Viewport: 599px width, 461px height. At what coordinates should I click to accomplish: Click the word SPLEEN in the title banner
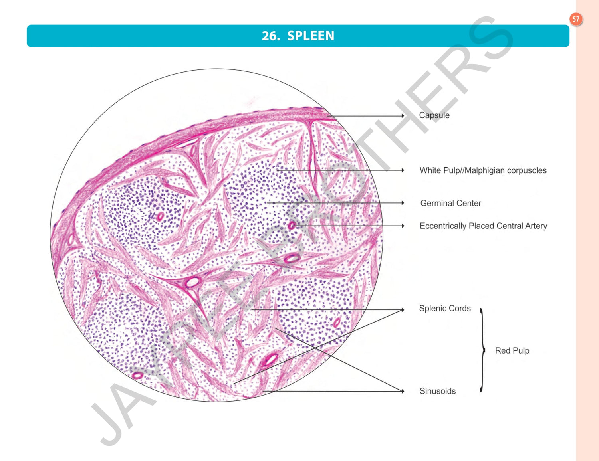311,36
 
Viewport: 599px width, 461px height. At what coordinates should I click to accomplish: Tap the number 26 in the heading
270,36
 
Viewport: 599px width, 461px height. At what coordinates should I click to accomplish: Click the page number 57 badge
575,19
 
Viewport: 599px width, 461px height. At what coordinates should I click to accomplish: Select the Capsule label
434,115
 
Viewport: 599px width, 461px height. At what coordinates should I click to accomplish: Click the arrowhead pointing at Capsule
403,116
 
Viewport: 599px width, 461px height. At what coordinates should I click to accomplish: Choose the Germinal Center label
450,203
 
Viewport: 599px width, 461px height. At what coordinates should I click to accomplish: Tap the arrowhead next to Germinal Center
403,203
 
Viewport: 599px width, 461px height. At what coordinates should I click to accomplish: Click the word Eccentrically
443,226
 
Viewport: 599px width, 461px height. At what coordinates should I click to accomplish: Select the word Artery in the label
536,226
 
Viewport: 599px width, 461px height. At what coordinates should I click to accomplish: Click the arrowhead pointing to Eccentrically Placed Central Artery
403,226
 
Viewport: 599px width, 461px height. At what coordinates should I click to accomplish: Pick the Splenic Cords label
444,308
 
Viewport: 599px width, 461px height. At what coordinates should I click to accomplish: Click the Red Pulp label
512,350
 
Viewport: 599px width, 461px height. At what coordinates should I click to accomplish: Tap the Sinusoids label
437,391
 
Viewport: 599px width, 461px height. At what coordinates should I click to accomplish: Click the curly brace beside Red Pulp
482,350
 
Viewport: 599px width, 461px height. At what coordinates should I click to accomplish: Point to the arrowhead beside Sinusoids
403,391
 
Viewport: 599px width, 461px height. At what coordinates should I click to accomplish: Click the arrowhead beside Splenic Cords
403,309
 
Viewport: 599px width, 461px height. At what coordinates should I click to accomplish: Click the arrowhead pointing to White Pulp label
403,170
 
